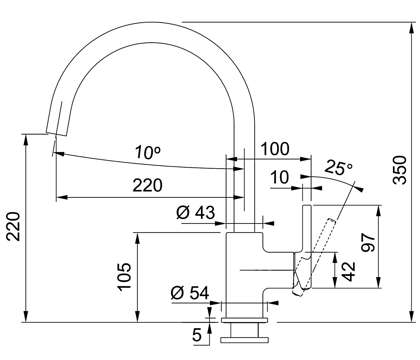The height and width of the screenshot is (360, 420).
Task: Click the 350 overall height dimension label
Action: (x=399, y=170)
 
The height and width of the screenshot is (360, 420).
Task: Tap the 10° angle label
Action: (x=148, y=152)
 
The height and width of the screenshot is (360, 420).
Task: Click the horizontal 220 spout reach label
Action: (x=148, y=185)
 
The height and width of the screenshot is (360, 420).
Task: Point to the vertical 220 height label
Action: (x=13, y=226)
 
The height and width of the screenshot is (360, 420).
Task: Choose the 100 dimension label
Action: (x=274, y=149)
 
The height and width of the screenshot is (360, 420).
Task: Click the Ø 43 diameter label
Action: (x=196, y=212)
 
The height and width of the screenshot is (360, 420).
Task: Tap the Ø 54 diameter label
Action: (x=190, y=293)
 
